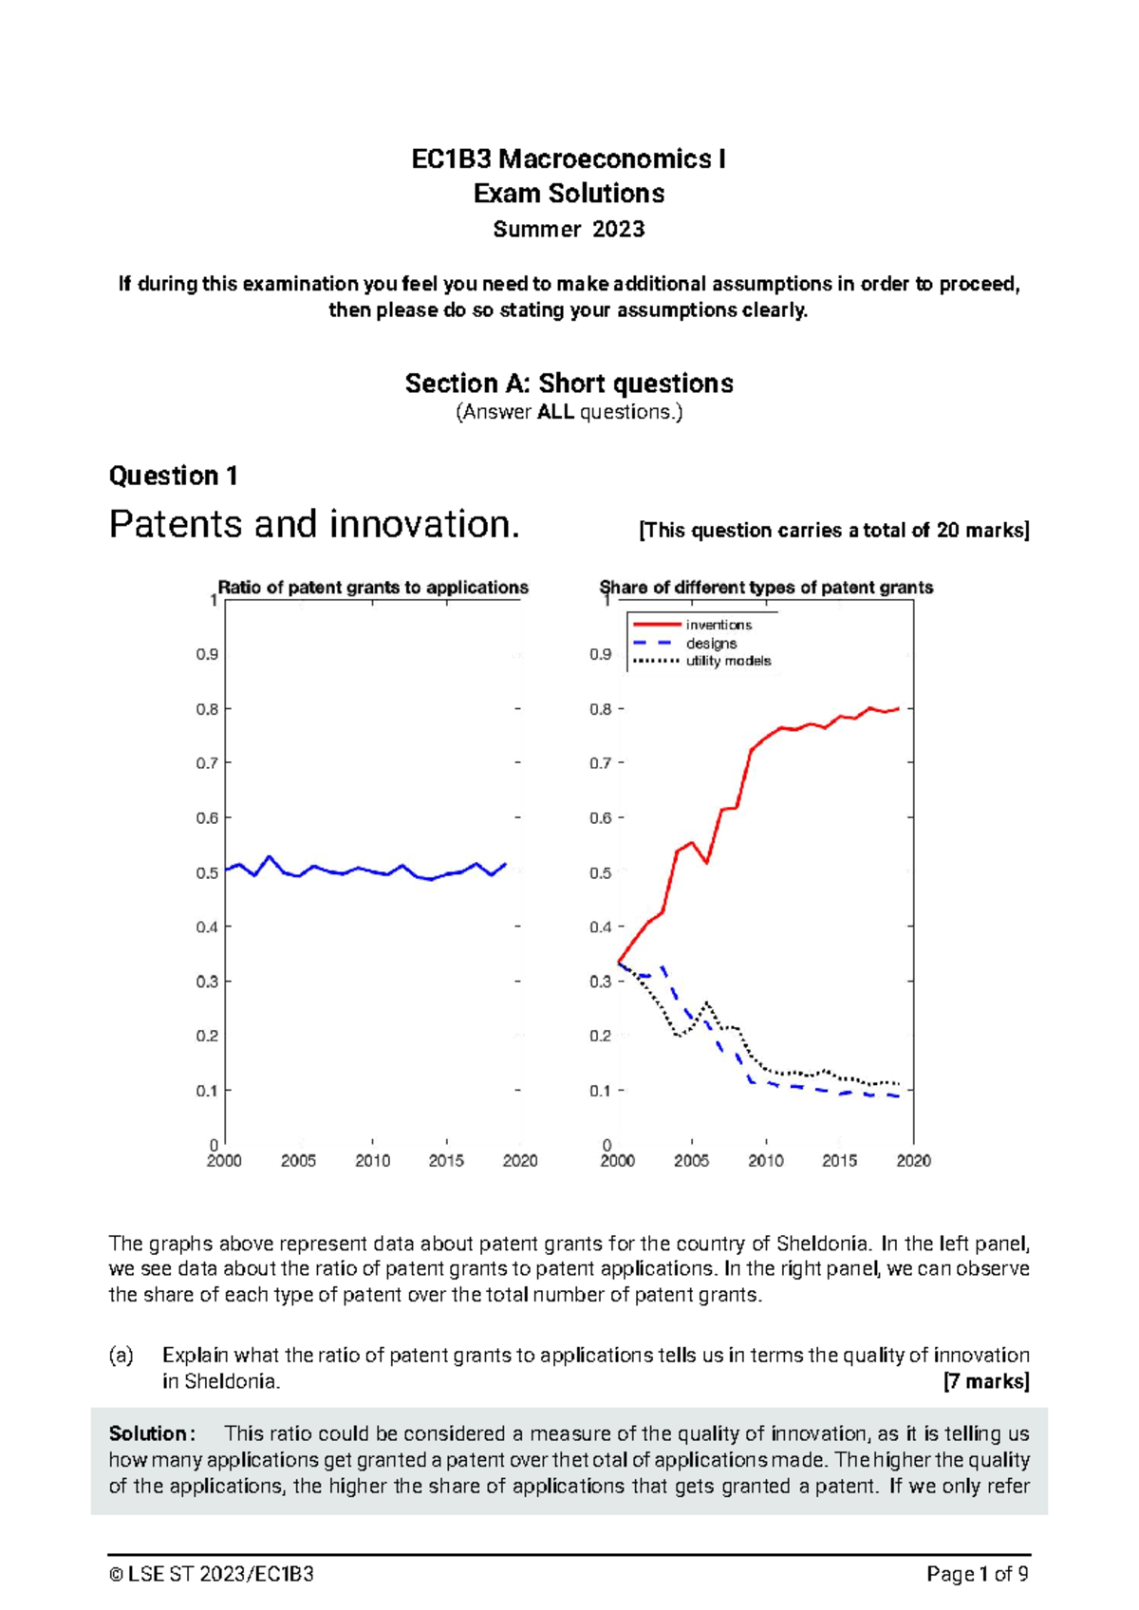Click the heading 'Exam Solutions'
click(x=569, y=194)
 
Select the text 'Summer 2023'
click(x=569, y=230)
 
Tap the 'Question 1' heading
click(x=173, y=476)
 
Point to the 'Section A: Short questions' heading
click(x=569, y=384)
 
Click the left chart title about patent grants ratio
click(x=373, y=588)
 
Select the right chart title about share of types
click(x=766, y=588)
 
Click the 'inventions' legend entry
click(x=719, y=625)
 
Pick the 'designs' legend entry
click(x=711, y=643)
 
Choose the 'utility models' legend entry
click(x=728, y=661)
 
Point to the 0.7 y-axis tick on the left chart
click(x=207, y=763)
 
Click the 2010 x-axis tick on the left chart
click(x=372, y=1160)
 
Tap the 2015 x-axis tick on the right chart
click(x=839, y=1160)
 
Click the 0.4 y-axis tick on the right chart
click(x=600, y=927)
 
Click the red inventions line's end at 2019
click(x=898, y=708)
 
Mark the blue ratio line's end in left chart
click(x=505, y=864)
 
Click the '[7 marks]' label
click(x=986, y=1381)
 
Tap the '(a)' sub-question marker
click(x=121, y=1356)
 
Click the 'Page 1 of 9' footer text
click(x=978, y=1575)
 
